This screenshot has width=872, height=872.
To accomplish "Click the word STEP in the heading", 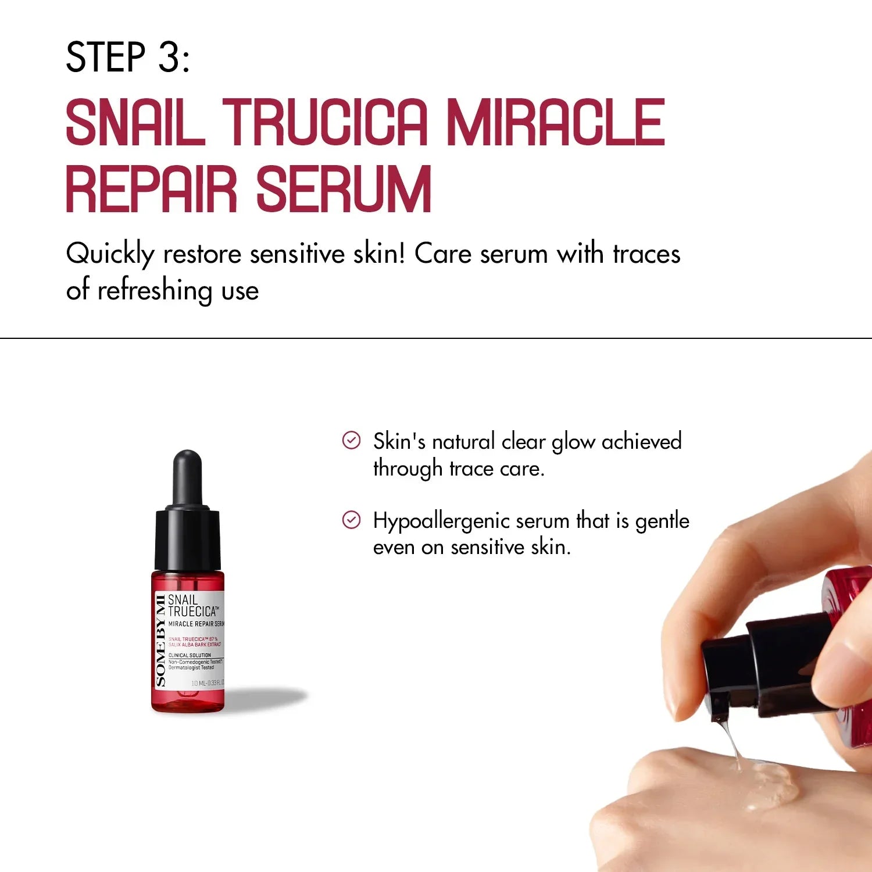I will click(105, 57).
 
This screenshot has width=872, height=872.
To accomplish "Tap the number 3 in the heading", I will click(169, 57).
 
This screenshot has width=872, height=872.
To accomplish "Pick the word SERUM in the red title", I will click(344, 189).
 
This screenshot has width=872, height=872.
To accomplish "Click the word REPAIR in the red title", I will click(152, 189).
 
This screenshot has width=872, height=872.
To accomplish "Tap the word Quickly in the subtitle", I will click(110, 254).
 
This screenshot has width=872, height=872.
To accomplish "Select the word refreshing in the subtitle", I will click(154, 290).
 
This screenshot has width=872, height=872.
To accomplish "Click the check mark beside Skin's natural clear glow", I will click(351, 441).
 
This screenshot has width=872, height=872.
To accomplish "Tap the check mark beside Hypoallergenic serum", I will click(351, 520).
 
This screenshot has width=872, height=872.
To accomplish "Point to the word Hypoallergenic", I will click(441, 521).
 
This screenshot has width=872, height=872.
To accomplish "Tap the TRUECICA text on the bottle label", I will click(192, 612).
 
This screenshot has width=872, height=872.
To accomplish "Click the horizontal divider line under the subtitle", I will click(436, 338).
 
